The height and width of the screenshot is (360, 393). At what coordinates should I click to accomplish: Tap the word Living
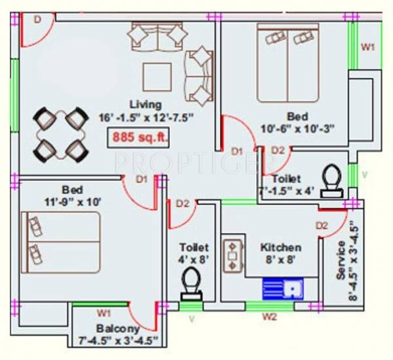click(x=145, y=104)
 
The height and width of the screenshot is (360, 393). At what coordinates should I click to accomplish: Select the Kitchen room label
click(x=281, y=247)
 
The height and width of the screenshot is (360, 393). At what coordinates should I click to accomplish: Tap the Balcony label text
click(x=118, y=329)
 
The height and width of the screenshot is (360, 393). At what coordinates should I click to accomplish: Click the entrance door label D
click(x=37, y=20)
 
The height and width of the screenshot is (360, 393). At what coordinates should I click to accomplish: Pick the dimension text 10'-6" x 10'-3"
click(x=298, y=129)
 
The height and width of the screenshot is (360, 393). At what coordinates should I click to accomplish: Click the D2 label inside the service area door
click(x=322, y=226)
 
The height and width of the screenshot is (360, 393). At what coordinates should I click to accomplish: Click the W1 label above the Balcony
click(x=103, y=313)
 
